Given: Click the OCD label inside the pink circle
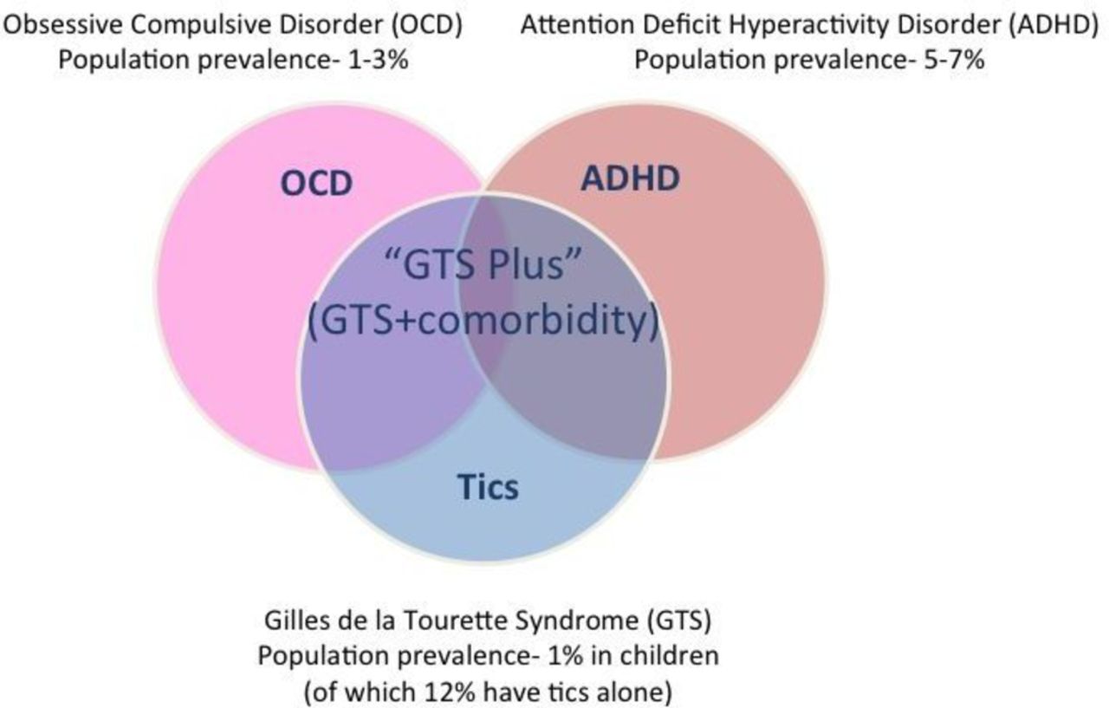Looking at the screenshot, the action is [316, 183].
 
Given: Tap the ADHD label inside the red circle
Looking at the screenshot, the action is [630, 178].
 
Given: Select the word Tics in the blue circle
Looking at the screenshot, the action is [488, 487].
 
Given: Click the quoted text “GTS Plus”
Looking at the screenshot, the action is [483, 264].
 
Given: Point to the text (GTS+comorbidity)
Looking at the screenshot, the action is [483, 321].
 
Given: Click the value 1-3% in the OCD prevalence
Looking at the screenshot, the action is [379, 60].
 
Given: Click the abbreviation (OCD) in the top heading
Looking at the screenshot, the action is [426, 25].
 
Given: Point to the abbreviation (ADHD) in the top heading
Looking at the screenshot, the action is [1053, 25].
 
